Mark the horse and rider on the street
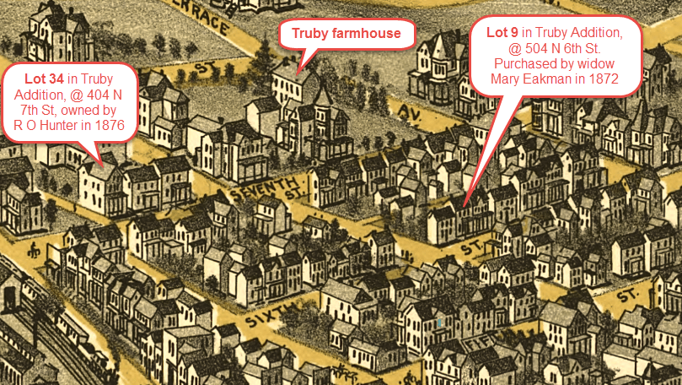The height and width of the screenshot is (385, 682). point(34,250)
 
